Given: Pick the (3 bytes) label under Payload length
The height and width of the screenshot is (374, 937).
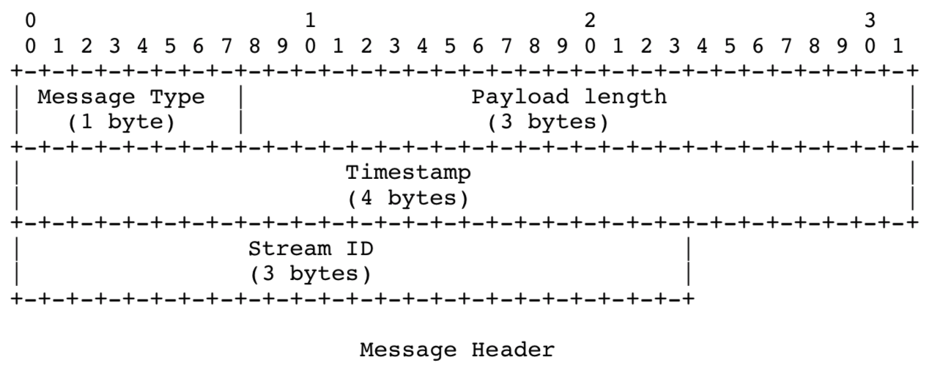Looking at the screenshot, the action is pos(548,122).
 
